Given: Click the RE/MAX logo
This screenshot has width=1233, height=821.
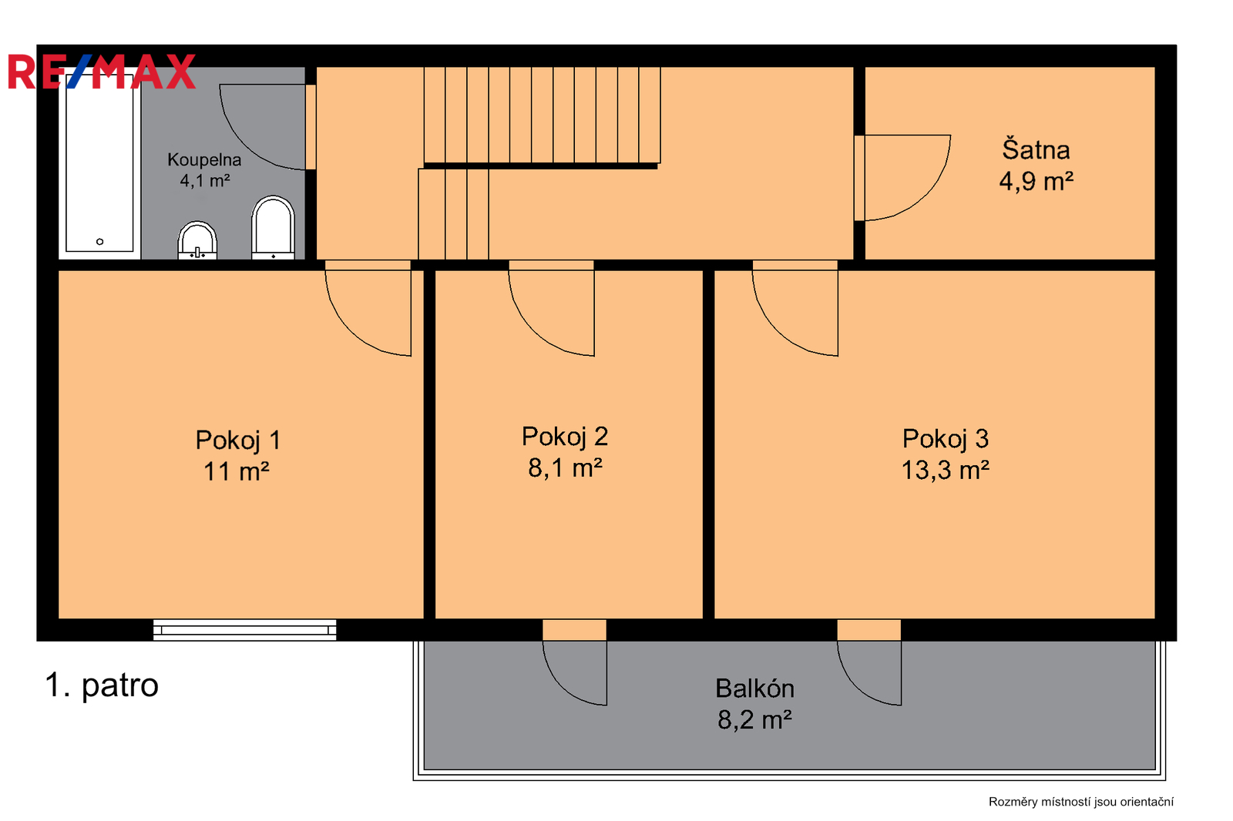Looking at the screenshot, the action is [x=102, y=72].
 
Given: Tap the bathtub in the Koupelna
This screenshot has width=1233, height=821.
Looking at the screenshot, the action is [x=99, y=163].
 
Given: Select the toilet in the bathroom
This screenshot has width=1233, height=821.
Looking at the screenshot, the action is [x=273, y=227].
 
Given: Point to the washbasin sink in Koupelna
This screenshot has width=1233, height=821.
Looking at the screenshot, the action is [x=197, y=240].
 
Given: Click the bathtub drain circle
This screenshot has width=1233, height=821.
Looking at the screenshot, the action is [x=99, y=242].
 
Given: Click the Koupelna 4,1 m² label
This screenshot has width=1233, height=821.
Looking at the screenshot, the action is [x=204, y=170].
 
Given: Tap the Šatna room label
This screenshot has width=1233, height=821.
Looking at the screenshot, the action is [x=1036, y=149].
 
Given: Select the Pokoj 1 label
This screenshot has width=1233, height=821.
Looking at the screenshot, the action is [x=238, y=441].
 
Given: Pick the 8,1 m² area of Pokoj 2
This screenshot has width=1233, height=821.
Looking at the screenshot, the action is [x=566, y=468].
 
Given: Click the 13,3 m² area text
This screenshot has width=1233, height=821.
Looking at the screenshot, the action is [x=945, y=471].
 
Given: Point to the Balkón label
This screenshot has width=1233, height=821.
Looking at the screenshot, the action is [x=754, y=689].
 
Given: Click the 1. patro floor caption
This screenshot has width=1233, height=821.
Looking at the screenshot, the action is [x=102, y=685].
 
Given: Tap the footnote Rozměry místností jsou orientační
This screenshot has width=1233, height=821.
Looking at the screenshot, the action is [x=1081, y=802].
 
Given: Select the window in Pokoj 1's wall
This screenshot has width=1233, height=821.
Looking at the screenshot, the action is [x=244, y=630].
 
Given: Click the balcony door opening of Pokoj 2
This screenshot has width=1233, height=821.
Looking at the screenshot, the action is [x=575, y=630].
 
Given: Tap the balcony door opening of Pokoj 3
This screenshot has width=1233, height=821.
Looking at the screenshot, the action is [x=869, y=630].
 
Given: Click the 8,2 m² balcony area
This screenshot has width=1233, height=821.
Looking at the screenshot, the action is [x=754, y=720].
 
